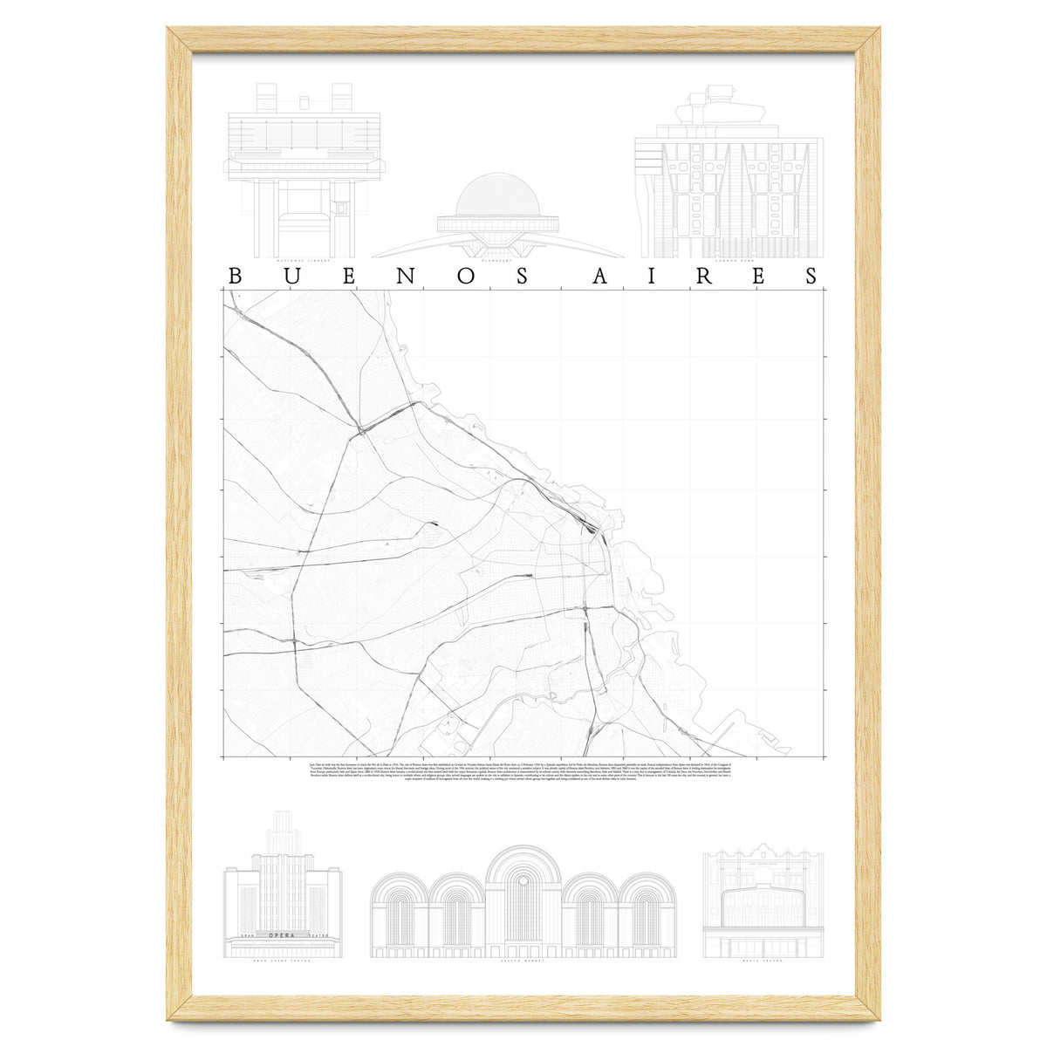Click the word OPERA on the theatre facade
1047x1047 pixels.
tap(282, 936)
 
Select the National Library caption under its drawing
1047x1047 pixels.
tap(303, 261)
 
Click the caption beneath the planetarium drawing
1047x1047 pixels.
tap(497, 261)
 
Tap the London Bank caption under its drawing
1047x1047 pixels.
tap(727, 261)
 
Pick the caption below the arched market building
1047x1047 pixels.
tap(523, 961)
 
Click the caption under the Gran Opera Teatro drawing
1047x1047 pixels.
tap(282, 961)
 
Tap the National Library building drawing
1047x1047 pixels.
tap(303, 170)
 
